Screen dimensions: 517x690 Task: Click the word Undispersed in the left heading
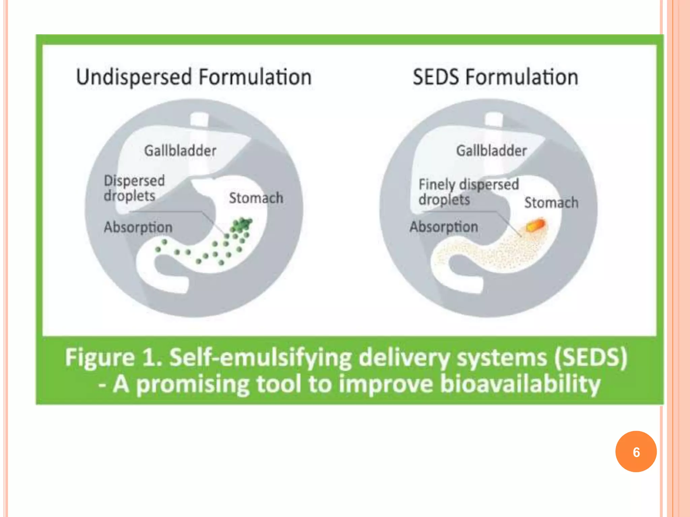coord(134,77)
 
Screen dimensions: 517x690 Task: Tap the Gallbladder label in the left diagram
coord(180,150)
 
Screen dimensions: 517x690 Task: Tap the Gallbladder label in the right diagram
coord(491,150)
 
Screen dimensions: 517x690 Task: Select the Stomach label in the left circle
coord(256,198)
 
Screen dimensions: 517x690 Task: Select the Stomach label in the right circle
coord(551,203)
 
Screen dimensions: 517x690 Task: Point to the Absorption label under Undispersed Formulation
coord(138,227)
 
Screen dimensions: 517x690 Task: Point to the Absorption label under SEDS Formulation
coord(444,227)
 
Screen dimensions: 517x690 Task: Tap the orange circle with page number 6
coord(636,452)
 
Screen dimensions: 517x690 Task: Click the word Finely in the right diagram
coord(437,184)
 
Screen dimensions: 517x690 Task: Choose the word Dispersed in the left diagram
coord(134,181)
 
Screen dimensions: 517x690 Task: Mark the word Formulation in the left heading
coord(255,77)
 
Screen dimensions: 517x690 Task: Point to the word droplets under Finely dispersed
coord(444,200)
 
